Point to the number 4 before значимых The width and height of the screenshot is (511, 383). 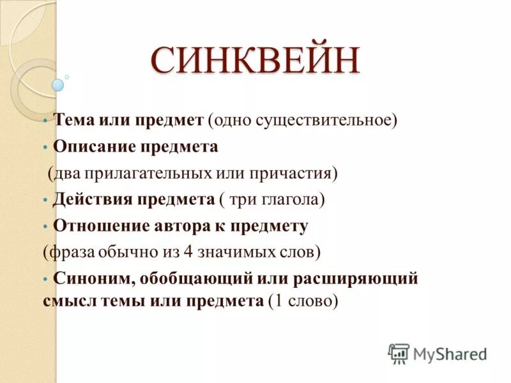click(188, 252)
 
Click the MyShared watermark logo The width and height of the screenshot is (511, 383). click(438, 353)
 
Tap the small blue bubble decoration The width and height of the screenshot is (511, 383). click(58, 84)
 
